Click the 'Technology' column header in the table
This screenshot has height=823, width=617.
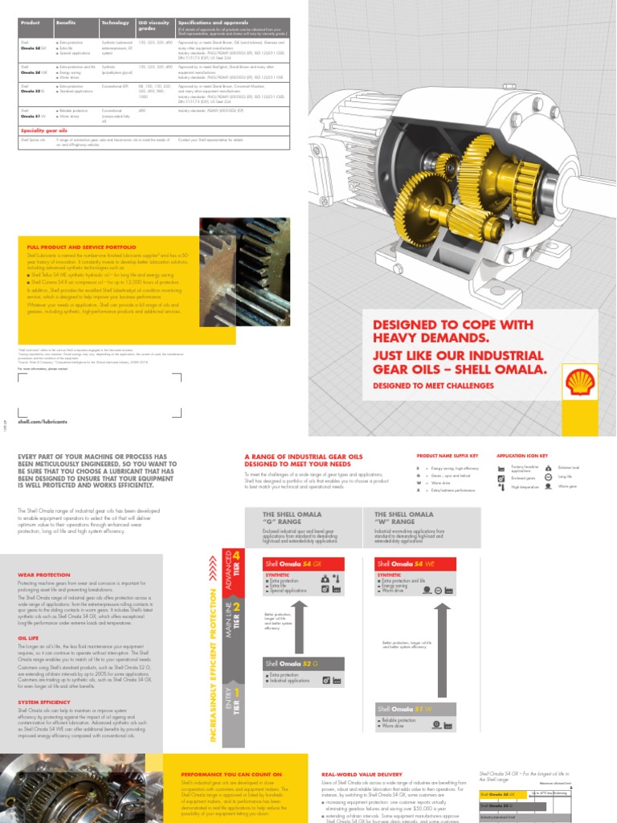pyautogui.click(x=113, y=23)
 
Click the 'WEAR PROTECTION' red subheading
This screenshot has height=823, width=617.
pyautogui.click(x=39, y=575)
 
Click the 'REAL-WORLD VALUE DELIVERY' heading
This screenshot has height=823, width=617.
pyautogui.click(x=362, y=773)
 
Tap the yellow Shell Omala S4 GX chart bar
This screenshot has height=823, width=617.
pyautogui.click(x=506, y=793)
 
